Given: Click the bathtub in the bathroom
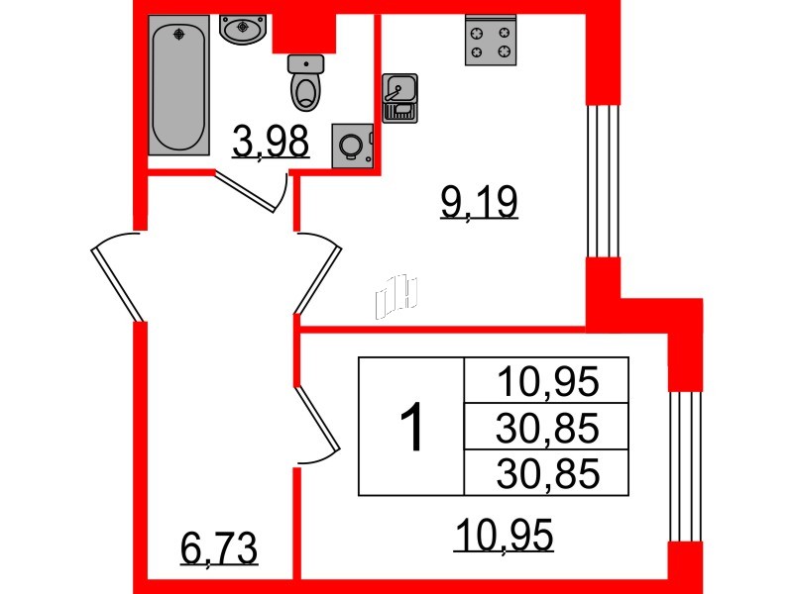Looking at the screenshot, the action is (x=178, y=85).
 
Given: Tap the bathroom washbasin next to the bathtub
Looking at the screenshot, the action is (x=243, y=30).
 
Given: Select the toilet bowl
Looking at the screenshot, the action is (x=305, y=83).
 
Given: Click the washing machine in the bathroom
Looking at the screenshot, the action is (x=352, y=146).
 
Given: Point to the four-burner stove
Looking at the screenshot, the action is (x=491, y=40).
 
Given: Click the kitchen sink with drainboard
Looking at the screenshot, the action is (x=399, y=98).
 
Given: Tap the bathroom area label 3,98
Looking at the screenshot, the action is (x=271, y=142).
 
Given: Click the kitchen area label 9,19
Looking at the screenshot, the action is (x=479, y=202).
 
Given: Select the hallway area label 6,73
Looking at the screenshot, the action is (x=219, y=548).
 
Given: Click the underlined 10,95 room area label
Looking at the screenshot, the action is (x=504, y=535).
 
